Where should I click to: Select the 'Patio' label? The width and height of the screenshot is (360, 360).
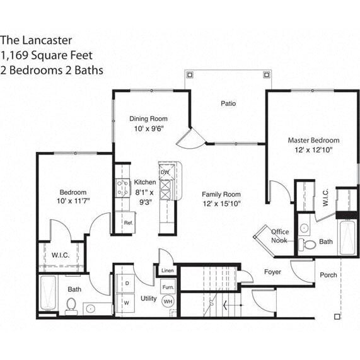(228, 103)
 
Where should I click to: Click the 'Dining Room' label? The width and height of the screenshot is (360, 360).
(148, 119)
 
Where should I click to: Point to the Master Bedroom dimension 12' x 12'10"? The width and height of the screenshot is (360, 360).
(313, 151)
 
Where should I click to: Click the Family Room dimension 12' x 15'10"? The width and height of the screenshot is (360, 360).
(221, 204)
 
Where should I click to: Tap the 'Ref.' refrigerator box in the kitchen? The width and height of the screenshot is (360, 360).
(127, 223)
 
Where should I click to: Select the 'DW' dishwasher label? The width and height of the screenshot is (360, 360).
(165, 171)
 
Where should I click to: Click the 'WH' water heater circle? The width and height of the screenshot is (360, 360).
(168, 302)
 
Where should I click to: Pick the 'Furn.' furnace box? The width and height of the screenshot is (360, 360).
(168, 287)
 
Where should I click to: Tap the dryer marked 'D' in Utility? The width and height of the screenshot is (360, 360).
(127, 284)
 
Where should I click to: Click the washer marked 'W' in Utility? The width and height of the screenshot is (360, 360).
(127, 303)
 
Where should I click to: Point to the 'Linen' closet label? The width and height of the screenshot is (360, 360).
(167, 271)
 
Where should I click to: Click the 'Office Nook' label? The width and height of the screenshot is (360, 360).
(280, 236)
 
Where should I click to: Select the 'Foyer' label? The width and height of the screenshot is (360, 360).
(272, 272)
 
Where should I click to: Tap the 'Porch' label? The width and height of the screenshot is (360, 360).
(328, 275)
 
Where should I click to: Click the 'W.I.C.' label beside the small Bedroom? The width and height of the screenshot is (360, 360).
(61, 255)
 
